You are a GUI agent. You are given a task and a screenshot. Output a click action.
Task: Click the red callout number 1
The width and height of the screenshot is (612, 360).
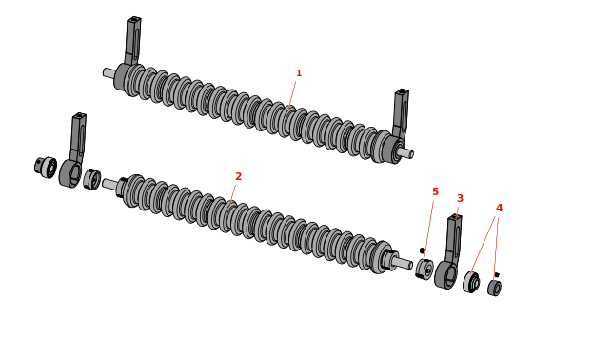(x=299, y=73)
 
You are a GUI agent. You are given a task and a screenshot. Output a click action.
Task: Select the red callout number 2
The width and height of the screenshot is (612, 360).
(x=239, y=176)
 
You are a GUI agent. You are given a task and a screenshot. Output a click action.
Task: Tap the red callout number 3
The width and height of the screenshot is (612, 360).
(x=460, y=198)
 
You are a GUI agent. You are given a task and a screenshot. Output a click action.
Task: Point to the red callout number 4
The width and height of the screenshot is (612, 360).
(x=499, y=209)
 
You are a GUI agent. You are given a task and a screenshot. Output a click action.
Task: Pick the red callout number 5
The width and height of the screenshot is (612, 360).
(x=436, y=191)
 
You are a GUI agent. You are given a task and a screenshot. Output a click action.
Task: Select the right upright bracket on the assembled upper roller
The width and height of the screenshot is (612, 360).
(x=401, y=113)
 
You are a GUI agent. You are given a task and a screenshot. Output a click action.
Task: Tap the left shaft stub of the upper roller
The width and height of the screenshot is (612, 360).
(x=109, y=72)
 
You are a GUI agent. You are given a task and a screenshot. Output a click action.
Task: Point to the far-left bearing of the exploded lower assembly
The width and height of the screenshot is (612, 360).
(x=46, y=167)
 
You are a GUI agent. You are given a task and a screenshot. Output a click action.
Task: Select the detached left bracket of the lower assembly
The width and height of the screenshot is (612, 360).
(x=73, y=151)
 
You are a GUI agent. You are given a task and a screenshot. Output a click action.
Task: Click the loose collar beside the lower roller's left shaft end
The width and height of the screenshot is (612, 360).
(x=92, y=179)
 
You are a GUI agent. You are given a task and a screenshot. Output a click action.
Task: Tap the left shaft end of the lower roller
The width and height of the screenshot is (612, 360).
(x=110, y=184)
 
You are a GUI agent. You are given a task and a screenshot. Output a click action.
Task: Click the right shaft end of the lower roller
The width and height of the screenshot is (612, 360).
(x=403, y=263)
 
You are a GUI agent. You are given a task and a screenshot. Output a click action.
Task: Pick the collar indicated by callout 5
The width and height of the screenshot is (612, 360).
(x=424, y=269)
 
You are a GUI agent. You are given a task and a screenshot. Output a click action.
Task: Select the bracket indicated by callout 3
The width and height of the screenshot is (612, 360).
(x=449, y=253)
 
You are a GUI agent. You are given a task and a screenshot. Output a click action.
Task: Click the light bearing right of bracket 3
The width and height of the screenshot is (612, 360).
(x=471, y=282)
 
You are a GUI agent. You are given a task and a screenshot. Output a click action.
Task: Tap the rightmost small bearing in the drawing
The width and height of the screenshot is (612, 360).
(x=495, y=289)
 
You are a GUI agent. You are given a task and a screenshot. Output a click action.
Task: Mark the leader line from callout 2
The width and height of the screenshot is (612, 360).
(x=233, y=193)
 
